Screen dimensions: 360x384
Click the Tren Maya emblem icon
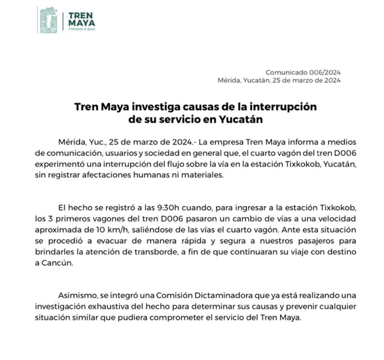(x=48, y=20)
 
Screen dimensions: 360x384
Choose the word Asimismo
(x=77, y=296)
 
